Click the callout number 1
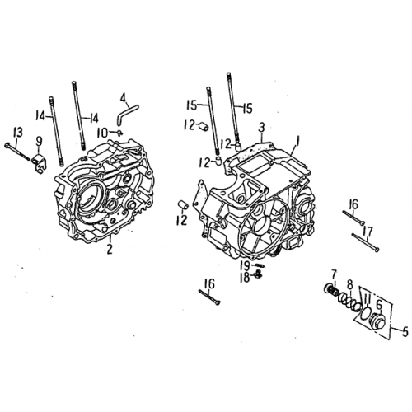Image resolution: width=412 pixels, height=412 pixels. coord(299,143)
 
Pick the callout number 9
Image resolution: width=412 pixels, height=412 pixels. coord(379,302)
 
